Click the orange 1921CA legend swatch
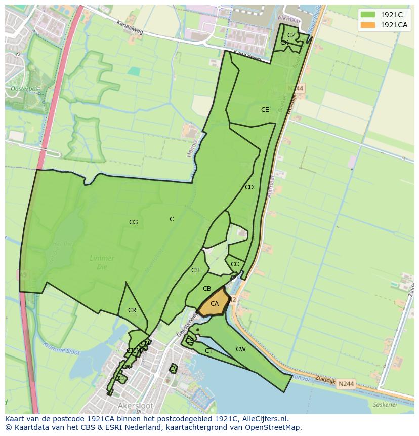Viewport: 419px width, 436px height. coord(368,25)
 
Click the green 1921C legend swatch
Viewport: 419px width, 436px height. coord(368,15)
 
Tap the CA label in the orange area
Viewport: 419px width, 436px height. coord(215,304)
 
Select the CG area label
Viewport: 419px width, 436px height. coord(133,222)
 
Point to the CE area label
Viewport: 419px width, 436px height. coord(265,110)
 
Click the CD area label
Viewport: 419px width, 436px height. coord(249,187)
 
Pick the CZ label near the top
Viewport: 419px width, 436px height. coord(291,35)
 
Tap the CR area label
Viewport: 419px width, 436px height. coord(132,310)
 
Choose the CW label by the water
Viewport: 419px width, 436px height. coord(241,349)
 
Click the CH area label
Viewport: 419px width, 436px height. coord(195,270)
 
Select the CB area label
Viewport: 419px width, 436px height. coord(207,289)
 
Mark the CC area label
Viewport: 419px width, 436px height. coord(235,264)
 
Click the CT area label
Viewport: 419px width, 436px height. coord(208,350)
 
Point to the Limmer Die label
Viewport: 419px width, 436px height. coord(102,261)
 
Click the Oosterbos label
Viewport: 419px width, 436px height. coord(24,89)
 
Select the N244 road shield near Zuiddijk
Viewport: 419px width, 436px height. coord(346,384)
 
